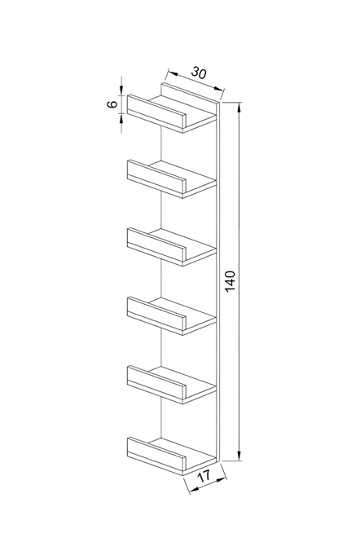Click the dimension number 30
coord(199,73)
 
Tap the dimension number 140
coord(230,281)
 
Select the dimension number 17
coord(204,477)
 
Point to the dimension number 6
coord(112,104)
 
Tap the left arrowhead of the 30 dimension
coord(173,73)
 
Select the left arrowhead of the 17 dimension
coord(195,489)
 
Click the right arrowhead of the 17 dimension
coord(221,480)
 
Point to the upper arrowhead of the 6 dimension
coord(121,90)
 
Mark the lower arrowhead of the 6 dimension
coord(121,118)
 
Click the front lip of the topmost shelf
coord(156,111)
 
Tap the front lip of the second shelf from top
coord(156,176)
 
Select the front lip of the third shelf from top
coord(156,245)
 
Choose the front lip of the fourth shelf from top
coord(156,314)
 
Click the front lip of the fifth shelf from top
coord(156,382)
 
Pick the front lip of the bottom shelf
coord(156,454)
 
